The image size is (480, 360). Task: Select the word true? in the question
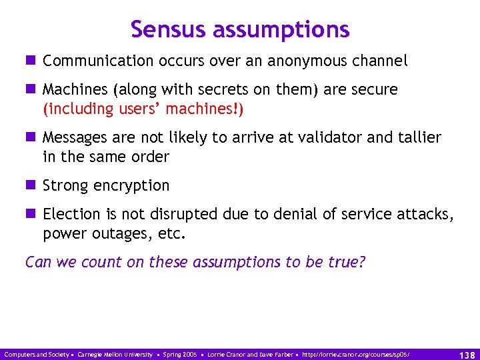tap(346, 263)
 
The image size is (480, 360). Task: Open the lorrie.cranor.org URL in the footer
tap(355, 354)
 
